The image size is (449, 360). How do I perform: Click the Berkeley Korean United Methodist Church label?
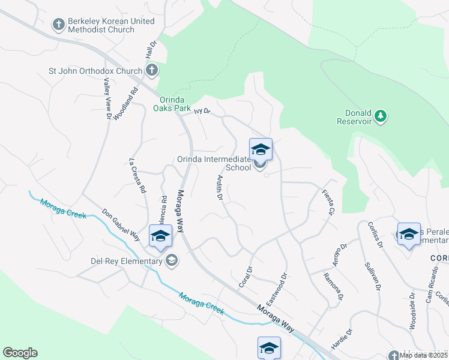pyautogui.click(x=110, y=25)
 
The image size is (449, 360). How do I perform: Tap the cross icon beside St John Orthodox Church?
pyautogui.click(x=152, y=71)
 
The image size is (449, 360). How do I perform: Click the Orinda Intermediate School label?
pyautogui.click(x=214, y=163)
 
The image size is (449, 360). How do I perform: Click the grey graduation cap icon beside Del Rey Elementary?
pyautogui.click(x=172, y=260)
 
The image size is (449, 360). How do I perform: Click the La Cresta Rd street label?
pyautogui.click(x=138, y=175)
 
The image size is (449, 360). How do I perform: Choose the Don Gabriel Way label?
pyautogui.click(x=121, y=225)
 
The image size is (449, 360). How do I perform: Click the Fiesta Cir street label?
pyautogui.click(x=328, y=202)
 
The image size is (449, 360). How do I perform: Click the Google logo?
pyautogui.click(x=20, y=353)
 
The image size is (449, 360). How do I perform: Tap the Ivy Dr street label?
pyautogui.click(x=203, y=110)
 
